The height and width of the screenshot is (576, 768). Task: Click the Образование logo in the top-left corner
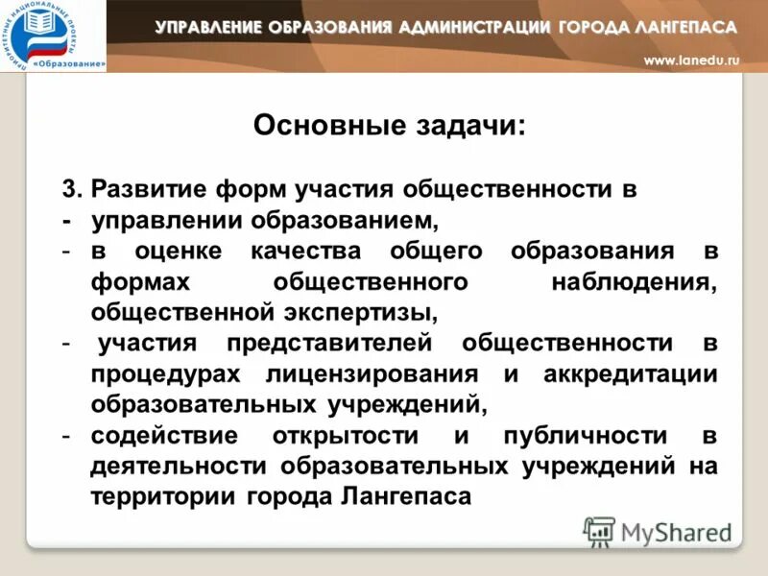(x=53, y=36)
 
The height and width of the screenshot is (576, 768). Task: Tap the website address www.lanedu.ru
(x=691, y=60)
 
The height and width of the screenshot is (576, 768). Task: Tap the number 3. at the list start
(x=73, y=188)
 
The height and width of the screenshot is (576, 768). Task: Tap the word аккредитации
(x=631, y=373)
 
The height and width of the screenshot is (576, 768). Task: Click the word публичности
(x=581, y=435)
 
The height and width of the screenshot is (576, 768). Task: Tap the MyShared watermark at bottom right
(x=659, y=531)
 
